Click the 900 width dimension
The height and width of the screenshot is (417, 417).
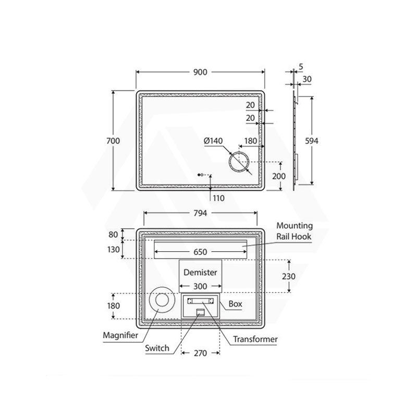[x=200, y=72]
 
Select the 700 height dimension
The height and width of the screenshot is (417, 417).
[x=113, y=141]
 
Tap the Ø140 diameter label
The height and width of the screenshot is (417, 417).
[x=213, y=141]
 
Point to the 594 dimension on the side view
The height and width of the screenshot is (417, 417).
[x=311, y=141]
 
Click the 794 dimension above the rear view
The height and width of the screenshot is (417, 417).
[x=200, y=213]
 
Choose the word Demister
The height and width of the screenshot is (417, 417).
[x=200, y=272]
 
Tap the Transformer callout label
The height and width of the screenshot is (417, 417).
[x=255, y=339]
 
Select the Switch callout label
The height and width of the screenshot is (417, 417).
[x=157, y=348]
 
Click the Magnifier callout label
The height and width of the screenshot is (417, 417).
[x=120, y=335]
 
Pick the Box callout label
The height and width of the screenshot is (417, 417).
[x=236, y=304]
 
